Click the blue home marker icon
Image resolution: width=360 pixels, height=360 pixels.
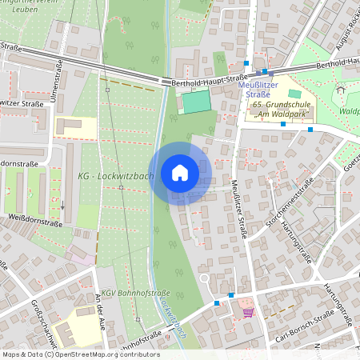pos(179,173)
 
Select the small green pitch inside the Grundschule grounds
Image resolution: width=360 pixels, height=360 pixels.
pos(295,94)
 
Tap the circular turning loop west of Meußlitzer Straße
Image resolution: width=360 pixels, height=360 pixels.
pos(205,278)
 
